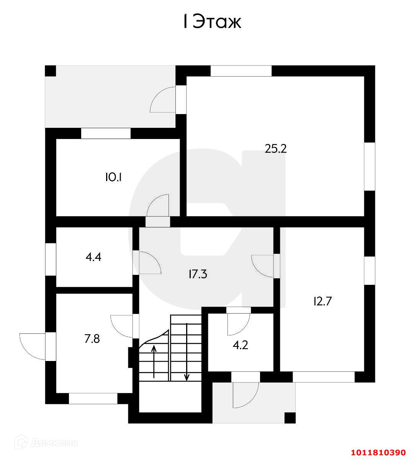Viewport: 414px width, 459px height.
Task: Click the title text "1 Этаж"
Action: pos(211,22)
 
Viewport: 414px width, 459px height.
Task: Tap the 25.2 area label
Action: pos(276,149)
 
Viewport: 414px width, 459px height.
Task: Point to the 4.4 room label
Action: pos(93,257)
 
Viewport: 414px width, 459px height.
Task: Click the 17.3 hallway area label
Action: pos(198,274)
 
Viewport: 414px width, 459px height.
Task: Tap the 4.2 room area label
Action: pos(241,345)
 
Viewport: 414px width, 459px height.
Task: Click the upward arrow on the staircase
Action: pos(154,361)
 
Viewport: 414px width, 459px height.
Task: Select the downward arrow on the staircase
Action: pos(187,352)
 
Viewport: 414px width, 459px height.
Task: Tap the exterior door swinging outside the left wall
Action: pos(33,346)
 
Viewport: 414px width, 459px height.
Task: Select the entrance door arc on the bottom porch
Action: pos(245,395)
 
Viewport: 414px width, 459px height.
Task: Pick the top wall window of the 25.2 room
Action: pos(241,71)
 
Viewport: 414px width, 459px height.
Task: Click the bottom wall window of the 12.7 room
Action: pos(324,377)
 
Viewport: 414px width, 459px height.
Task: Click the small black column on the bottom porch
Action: pos(290,418)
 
